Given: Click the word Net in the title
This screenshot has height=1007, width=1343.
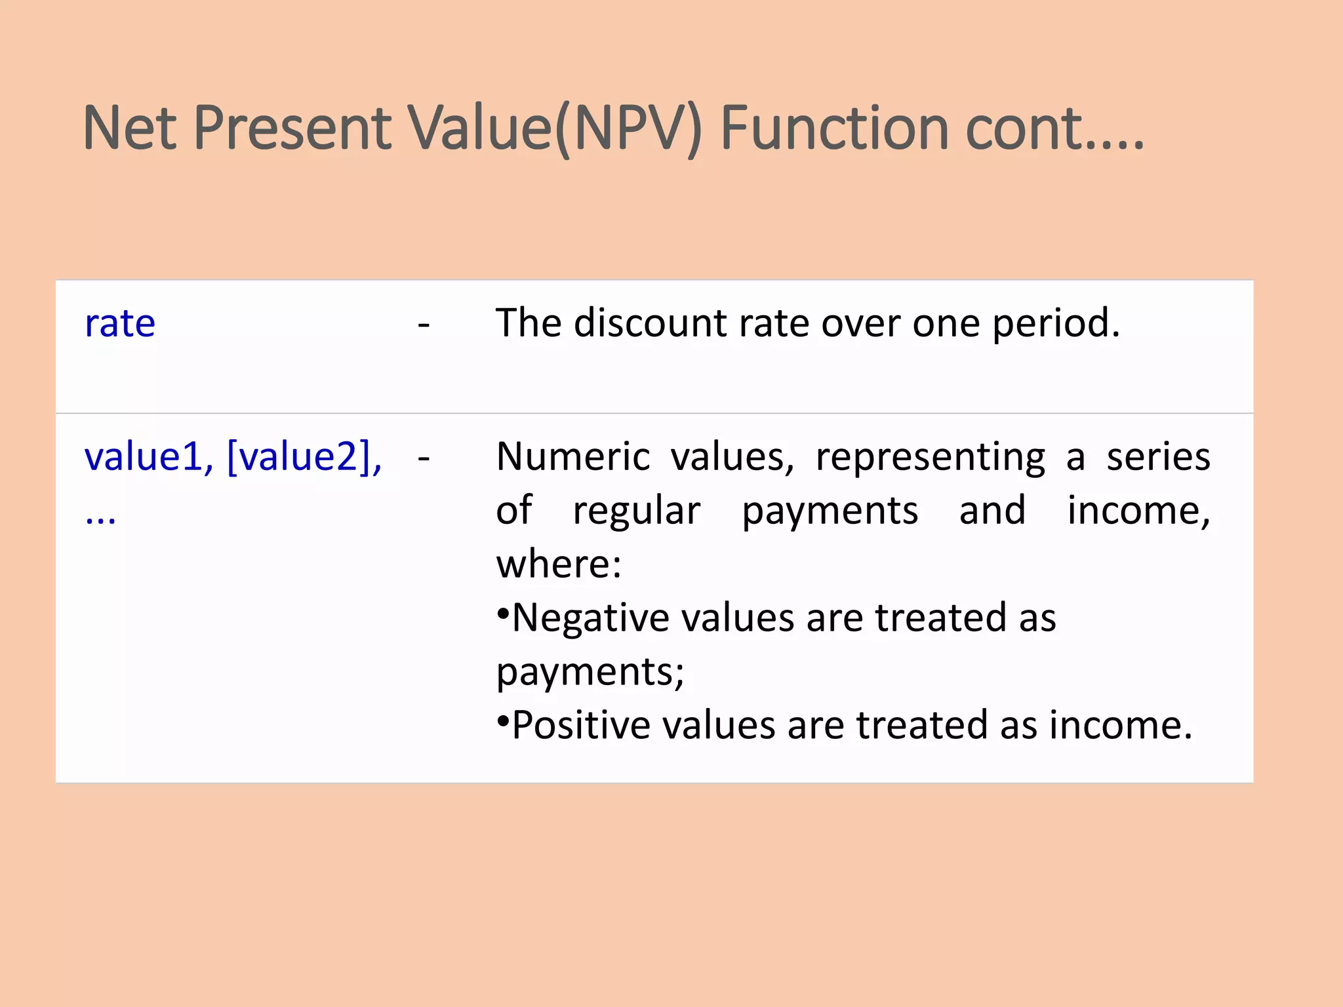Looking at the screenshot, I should [x=130, y=128].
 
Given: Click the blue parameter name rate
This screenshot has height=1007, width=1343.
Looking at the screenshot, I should [x=120, y=323].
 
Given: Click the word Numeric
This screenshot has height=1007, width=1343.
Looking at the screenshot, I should [x=572, y=457].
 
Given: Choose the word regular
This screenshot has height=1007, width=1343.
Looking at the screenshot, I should [x=636, y=511].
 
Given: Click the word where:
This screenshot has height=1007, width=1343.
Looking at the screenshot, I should [x=559, y=564].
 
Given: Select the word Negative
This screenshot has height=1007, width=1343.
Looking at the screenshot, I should [x=590, y=618].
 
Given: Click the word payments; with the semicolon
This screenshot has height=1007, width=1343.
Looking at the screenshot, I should [x=590, y=673].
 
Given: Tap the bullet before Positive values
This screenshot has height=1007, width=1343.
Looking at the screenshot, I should [x=503, y=722].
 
